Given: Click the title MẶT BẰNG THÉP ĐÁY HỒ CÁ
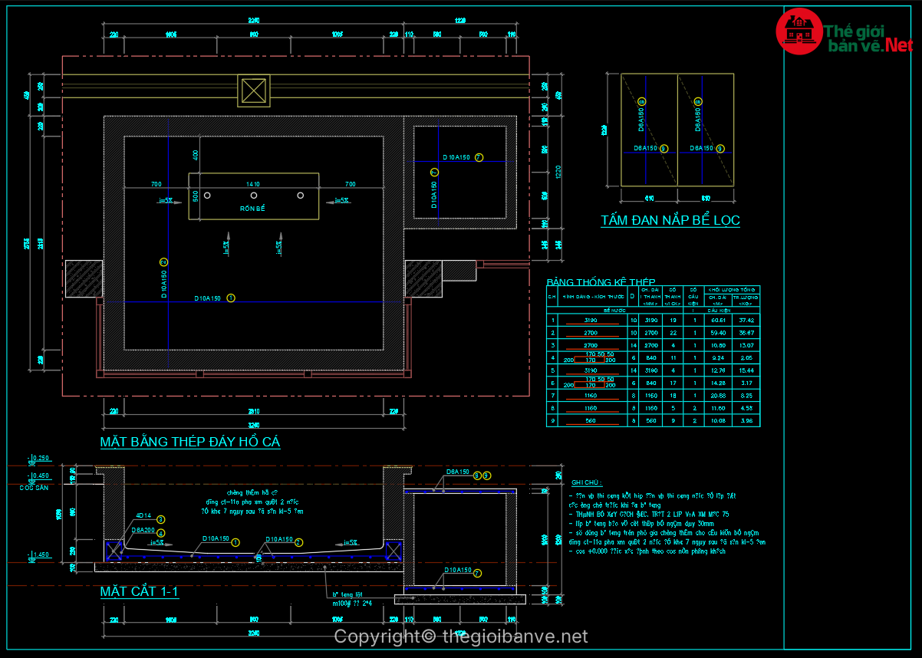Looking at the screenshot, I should coord(189,442).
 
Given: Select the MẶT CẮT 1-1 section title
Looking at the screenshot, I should coord(139,592).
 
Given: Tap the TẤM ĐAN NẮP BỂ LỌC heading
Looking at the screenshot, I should coord(670,221).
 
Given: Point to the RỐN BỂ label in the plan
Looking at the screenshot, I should coord(252,209).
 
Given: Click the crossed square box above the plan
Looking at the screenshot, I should coord(254,90).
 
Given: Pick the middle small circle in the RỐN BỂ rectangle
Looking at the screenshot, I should coord(254,195).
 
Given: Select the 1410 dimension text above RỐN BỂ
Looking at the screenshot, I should coord(253,184).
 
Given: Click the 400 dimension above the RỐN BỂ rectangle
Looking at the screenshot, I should coord(196,155).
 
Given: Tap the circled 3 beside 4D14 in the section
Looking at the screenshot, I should coord(161,519).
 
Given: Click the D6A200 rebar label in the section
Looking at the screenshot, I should coord(143,530).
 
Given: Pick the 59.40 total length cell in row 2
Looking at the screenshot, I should coord(718,333).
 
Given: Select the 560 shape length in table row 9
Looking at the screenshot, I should coord(591,420).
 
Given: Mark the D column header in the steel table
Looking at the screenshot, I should coord(632,296).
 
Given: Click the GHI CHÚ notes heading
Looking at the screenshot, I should coord(587,482).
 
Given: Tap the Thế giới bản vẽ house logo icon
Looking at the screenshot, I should coord(799,30).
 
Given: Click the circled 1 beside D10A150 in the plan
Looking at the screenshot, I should coord(231,298).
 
